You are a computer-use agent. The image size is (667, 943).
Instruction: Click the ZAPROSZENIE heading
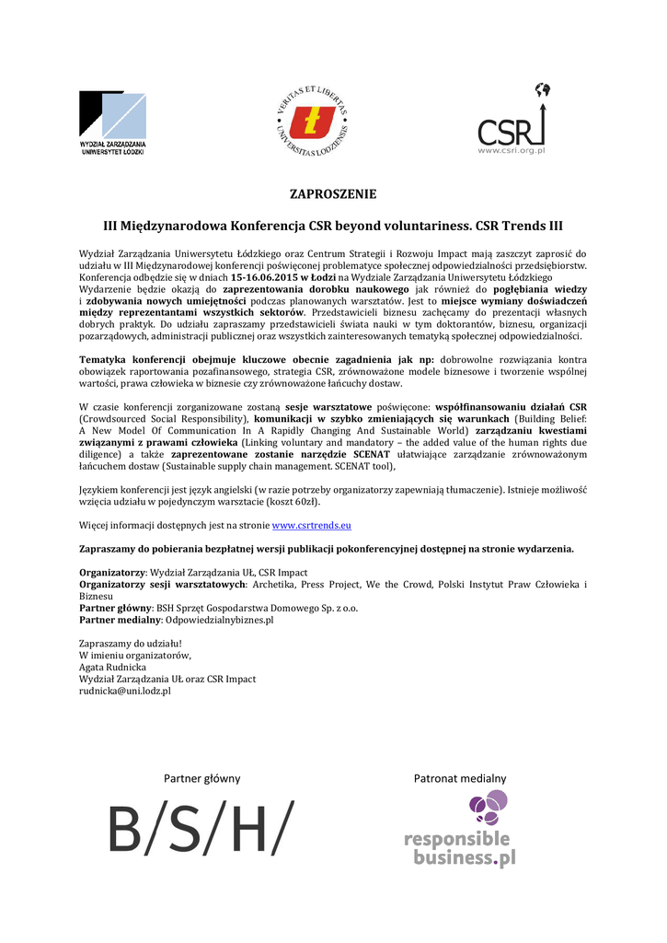click(x=333, y=194)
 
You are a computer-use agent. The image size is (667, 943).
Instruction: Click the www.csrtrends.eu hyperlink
click(x=311, y=525)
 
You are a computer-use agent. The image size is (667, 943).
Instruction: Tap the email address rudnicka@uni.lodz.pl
click(x=125, y=690)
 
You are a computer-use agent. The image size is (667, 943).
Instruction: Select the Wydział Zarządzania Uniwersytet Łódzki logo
click(x=113, y=122)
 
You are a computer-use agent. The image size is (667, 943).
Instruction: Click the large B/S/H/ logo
click(x=201, y=828)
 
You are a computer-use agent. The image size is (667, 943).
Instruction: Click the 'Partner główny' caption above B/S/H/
click(x=201, y=778)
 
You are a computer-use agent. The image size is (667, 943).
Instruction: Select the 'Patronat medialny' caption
click(x=459, y=778)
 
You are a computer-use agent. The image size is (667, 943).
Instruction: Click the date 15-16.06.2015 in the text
click(x=269, y=277)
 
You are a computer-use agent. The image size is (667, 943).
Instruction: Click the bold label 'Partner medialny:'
click(x=114, y=620)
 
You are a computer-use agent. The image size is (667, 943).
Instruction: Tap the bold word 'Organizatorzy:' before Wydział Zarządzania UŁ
click(x=113, y=573)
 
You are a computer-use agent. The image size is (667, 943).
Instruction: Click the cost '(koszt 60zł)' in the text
click(x=291, y=502)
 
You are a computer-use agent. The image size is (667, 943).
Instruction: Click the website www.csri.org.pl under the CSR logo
click(x=512, y=149)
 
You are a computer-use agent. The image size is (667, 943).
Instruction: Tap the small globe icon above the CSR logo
click(x=542, y=90)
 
